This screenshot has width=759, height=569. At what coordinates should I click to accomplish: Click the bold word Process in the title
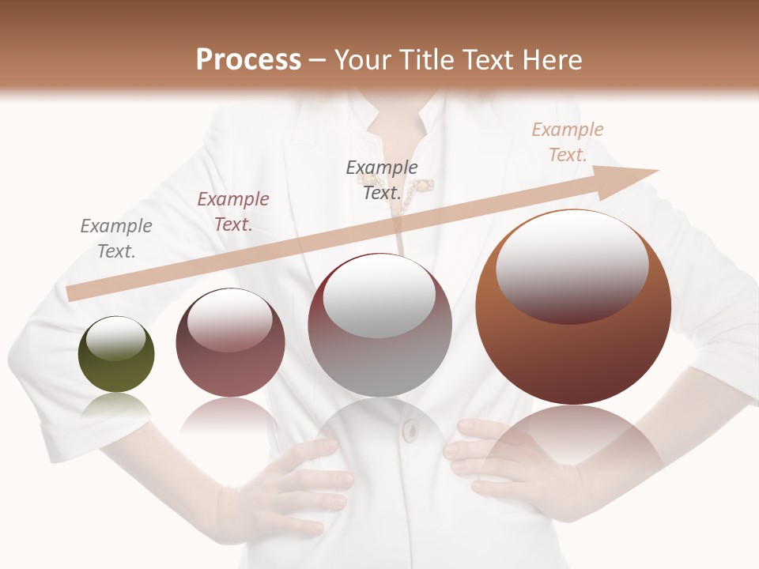248,60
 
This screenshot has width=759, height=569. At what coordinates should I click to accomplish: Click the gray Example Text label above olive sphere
116,239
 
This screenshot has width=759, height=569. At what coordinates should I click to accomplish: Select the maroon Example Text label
233,212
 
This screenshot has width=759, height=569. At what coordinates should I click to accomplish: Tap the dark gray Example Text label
382,179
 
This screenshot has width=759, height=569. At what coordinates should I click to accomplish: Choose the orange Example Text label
568,142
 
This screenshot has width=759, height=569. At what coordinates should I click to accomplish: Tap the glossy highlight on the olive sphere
115,339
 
